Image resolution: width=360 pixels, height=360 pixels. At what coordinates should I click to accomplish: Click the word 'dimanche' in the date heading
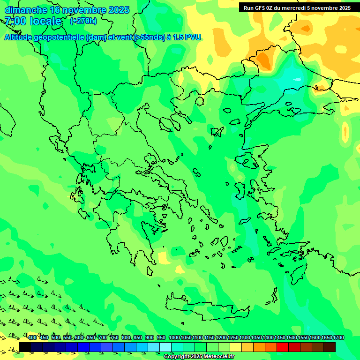pos(26,10)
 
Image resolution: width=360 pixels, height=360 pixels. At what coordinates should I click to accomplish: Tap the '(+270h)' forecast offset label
pos(83,21)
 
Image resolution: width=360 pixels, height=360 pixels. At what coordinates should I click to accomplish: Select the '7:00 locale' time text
pos(33,21)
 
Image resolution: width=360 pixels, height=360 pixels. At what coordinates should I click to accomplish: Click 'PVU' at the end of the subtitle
pos(193,37)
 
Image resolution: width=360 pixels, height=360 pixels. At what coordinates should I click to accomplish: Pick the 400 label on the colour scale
pos(32,338)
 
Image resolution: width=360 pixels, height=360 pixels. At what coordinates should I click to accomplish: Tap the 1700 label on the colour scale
pos(327,338)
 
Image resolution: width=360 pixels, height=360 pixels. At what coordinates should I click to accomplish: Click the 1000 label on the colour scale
pos(174,338)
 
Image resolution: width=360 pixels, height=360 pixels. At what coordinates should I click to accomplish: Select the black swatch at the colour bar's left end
pos(25,347)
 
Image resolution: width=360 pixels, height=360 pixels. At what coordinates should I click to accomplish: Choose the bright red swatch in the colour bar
pos(283,347)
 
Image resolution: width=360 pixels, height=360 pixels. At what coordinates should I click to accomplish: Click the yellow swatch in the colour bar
pos(236,347)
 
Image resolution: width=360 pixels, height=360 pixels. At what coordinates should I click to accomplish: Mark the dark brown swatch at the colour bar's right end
pos(330,347)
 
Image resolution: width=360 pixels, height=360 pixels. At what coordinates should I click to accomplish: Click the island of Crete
pos(206,307)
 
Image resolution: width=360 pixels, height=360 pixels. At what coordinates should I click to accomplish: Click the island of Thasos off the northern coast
pos(217,132)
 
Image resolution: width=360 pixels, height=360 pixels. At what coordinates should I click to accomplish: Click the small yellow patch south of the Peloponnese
pos(164,257)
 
